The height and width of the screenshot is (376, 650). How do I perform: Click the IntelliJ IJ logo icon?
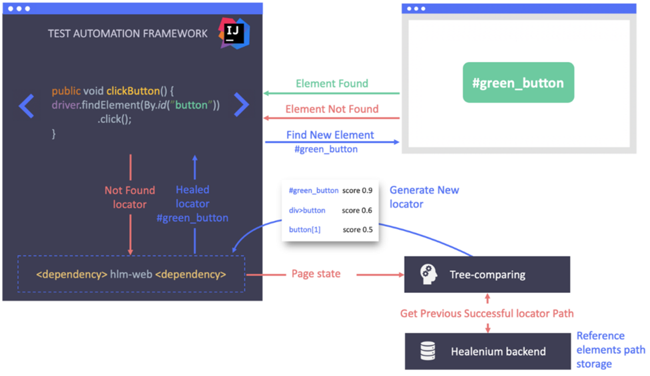234,33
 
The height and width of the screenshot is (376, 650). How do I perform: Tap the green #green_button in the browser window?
518,83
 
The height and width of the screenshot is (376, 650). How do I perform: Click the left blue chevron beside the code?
27,105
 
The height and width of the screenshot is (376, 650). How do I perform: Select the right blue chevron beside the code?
242,104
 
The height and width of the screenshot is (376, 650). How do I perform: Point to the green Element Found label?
332,84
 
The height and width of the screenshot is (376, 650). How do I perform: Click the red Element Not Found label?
332,109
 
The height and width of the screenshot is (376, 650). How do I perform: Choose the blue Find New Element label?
330,135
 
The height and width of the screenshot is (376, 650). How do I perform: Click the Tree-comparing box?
487,274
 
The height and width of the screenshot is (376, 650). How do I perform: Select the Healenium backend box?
488,351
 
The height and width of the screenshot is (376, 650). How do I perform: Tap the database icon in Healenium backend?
428,351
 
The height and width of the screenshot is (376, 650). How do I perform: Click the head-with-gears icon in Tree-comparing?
428,274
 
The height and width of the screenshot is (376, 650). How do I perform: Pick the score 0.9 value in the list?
357,191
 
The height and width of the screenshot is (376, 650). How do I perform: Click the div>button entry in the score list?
307,210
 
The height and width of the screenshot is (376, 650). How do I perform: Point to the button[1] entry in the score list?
305,230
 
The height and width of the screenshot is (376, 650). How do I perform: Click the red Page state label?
316,274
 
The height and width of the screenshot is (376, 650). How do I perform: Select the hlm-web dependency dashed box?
131,274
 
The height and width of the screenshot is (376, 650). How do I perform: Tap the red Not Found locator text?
130,197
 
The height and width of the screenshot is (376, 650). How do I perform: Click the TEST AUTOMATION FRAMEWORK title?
128,33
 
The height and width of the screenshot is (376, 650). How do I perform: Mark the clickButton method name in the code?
133,91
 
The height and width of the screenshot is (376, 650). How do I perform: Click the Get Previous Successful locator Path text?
487,313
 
